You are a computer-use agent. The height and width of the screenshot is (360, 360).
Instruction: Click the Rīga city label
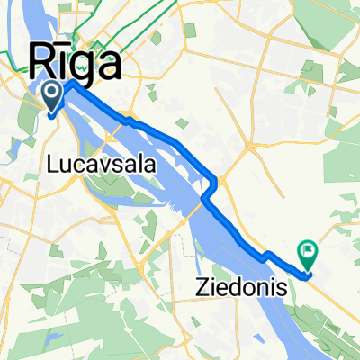tap(76, 65)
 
